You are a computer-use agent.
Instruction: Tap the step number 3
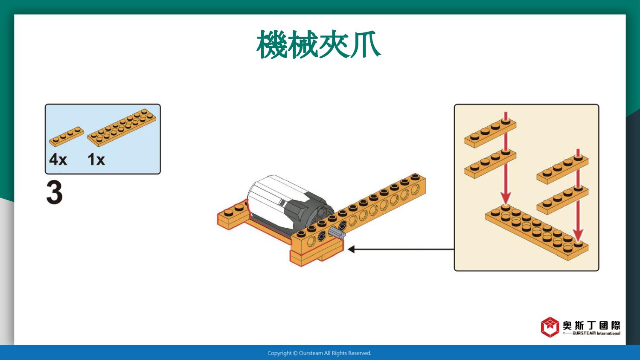54,192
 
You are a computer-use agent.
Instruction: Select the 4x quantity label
58,159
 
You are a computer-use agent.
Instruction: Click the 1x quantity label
96,159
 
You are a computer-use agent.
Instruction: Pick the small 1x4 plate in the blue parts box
67,136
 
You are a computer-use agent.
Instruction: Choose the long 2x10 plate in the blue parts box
122,128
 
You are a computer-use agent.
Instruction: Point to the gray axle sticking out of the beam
337,233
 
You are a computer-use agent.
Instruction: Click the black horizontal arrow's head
351,249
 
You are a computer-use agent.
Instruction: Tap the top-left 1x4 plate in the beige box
490,133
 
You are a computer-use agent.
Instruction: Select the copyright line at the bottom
320,353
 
